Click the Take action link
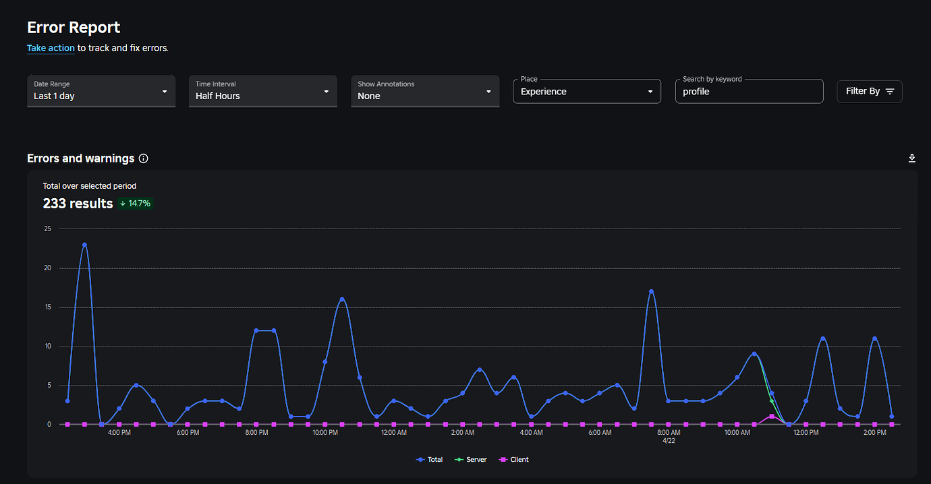(51, 48)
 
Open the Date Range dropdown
(101, 91)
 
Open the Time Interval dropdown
(262, 91)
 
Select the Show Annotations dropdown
(424, 91)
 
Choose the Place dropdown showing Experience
(586, 91)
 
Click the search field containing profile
(749, 91)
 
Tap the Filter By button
(869, 91)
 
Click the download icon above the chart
(912, 158)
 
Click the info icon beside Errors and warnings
(143, 158)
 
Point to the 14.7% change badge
(136, 204)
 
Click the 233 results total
(78, 204)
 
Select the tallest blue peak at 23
(84, 245)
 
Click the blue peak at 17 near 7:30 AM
(651, 291)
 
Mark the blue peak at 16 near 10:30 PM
(342, 299)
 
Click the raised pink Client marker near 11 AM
(772, 417)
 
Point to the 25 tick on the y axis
(47, 229)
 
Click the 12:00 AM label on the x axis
(393, 433)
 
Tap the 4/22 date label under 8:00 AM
(668, 442)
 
